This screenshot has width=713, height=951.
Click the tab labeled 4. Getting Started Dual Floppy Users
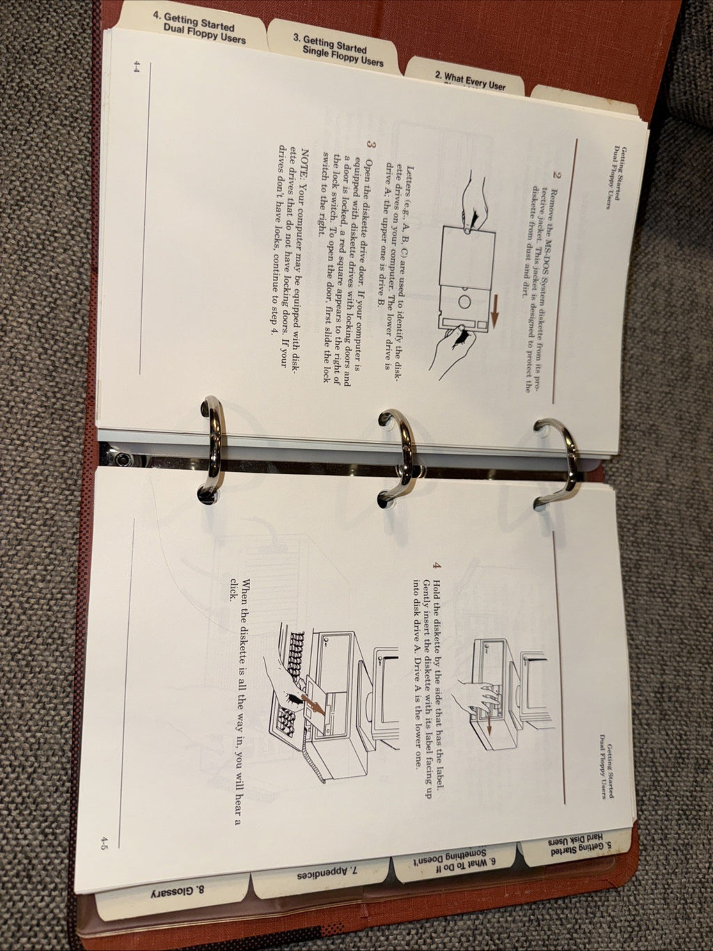(199, 29)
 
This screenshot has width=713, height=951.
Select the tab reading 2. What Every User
(470, 81)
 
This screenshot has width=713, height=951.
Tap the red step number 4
(436, 565)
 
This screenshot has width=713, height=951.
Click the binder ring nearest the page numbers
(211, 449)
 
